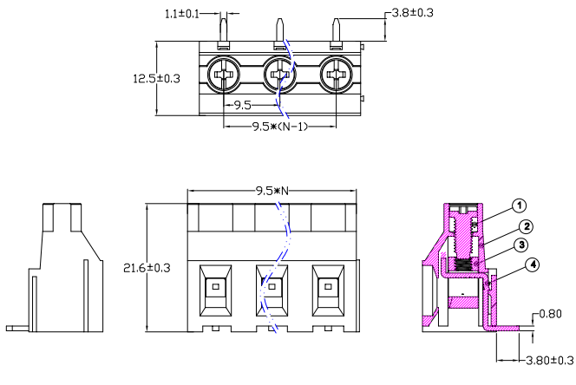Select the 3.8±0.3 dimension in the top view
click(414, 14)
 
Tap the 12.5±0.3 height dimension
click(155, 78)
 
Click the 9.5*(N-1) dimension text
click(279, 126)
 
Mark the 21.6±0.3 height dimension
click(147, 267)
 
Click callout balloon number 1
click(518, 206)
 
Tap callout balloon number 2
click(526, 226)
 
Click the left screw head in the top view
click(224, 75)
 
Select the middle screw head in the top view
click(279, 75)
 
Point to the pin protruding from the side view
click(17, 329)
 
